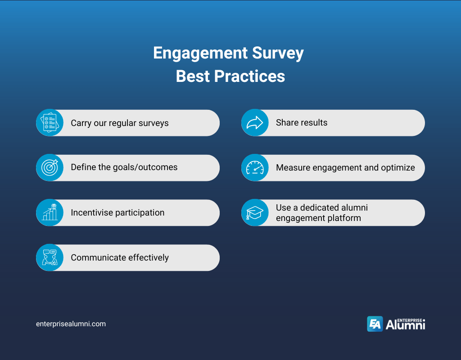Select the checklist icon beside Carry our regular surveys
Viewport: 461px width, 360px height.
50,123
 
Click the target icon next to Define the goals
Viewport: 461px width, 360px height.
50,168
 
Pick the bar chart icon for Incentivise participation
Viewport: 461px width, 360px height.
50,213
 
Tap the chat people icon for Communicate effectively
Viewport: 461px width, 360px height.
50,258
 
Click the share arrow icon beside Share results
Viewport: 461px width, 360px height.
255,123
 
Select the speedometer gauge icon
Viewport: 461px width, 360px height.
255,168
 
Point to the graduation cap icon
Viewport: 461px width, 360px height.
255,213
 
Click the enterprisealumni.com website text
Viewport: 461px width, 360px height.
71,324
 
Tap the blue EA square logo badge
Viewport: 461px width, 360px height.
375,324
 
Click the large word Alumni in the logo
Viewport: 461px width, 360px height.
405,325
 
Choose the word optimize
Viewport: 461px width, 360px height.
398,168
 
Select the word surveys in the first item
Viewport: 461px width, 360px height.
152,123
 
